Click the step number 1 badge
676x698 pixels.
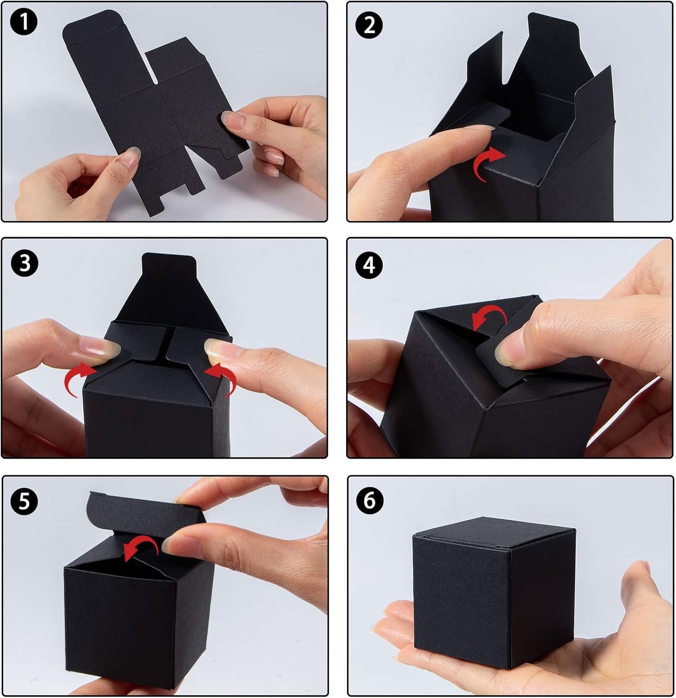pyautogui.click(x=23, y=24)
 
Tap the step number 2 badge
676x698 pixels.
pyautogui.click(x=369, y=25)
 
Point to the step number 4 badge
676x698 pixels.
pyautogui.click(x=369, y=265)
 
